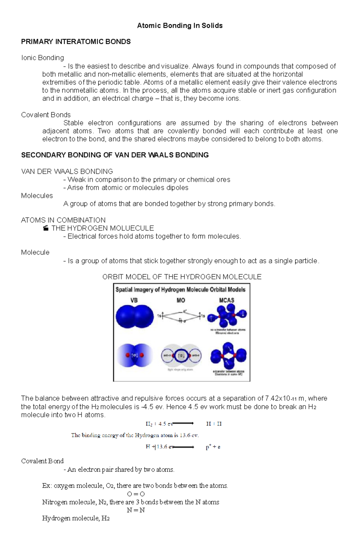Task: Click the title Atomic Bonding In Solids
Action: (180, 26)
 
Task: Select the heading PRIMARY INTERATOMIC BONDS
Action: (76, 42)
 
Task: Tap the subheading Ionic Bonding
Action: (42, 58)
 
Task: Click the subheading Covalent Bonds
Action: (46, 115)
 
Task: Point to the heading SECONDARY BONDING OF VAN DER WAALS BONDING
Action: (115, 155)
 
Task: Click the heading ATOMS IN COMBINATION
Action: (63, 220)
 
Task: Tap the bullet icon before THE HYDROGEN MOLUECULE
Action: (46, 228)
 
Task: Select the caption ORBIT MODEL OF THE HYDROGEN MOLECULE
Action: (182, 277)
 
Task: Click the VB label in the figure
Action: (134, 300)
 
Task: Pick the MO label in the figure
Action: (181, 300)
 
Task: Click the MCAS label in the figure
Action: (226, 300)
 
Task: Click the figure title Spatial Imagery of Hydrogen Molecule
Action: (180, 290)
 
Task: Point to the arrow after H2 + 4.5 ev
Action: (183, 424)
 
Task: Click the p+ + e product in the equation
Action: (213, 447)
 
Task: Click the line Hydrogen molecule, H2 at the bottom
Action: (76, 518)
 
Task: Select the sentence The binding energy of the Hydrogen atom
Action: (135, 435)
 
